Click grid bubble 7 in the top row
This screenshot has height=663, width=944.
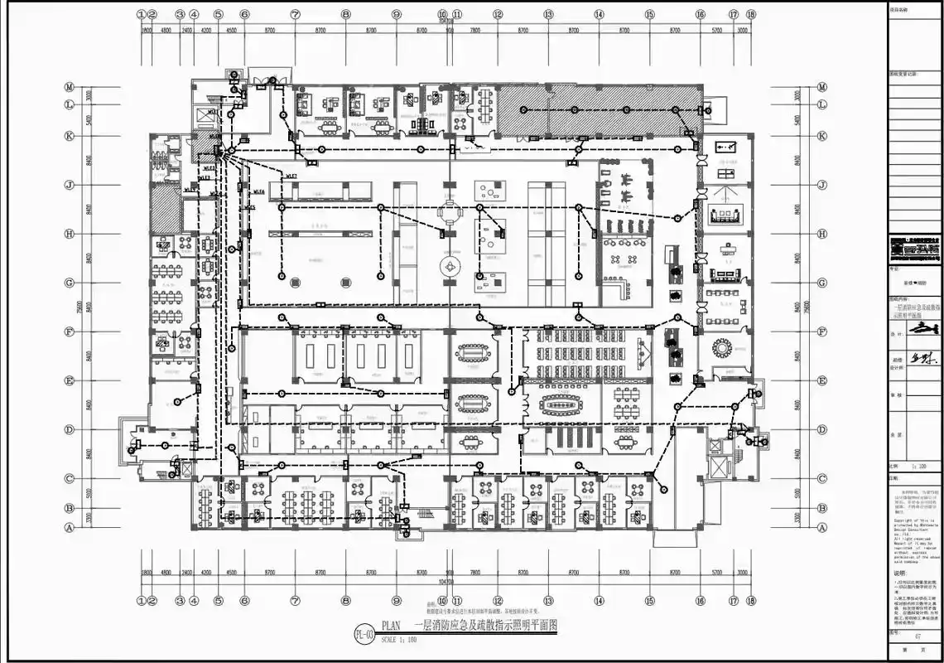point(296,14)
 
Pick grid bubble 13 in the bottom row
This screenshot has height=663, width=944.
point(548,601)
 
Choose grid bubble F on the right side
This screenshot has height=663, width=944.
point(822,331)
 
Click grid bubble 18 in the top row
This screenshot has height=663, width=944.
point(751,14)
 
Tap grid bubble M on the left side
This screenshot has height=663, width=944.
point(70,87)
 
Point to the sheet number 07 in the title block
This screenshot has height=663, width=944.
point(918,636)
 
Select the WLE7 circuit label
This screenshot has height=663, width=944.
point(291,176)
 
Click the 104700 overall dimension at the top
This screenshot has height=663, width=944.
point(447,22)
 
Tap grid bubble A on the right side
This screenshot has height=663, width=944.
point(822,526)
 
